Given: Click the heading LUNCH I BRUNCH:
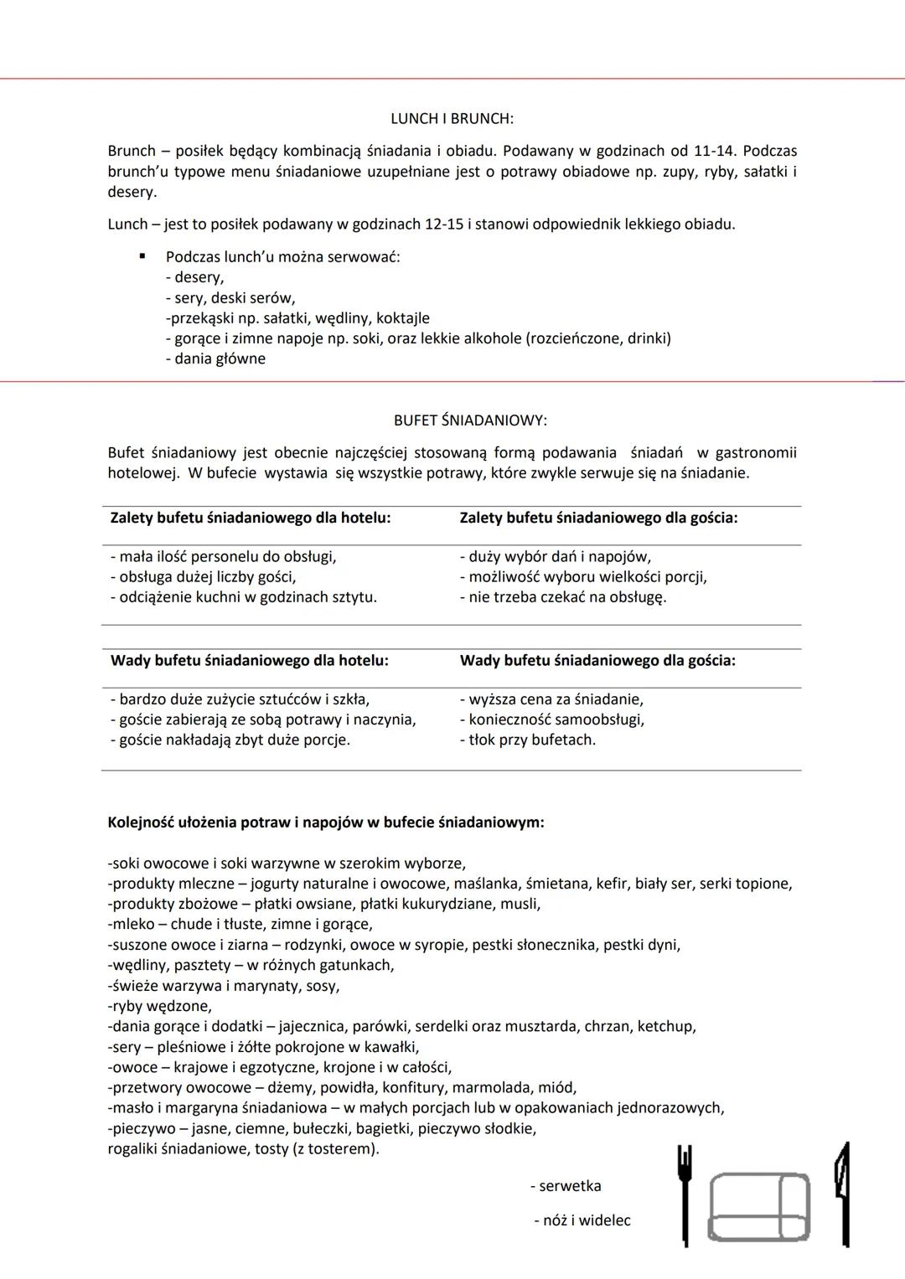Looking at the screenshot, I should (452, 119).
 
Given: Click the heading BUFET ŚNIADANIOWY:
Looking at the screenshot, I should (470, 420).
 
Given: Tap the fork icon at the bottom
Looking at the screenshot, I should (685, 1194).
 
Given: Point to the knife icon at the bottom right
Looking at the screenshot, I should (841, 1194).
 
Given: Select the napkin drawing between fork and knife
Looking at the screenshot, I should (760, 1207).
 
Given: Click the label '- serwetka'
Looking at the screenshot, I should (566, 1186).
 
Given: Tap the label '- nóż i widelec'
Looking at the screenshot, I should (582, 1220).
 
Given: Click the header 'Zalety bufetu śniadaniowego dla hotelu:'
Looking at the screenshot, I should (251, 518).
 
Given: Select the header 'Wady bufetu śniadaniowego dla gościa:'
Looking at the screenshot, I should (597, 660).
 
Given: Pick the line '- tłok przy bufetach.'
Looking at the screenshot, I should (528, 740).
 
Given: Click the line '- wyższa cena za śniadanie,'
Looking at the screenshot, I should (551, 699).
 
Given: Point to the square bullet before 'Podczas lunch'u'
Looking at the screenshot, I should (143, 255).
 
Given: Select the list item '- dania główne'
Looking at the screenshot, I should (215, 358).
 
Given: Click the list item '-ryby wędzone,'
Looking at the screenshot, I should (159, 1006).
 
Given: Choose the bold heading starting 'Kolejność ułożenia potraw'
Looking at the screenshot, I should (326, 822).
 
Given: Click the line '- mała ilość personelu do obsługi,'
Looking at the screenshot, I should (223, 556).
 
